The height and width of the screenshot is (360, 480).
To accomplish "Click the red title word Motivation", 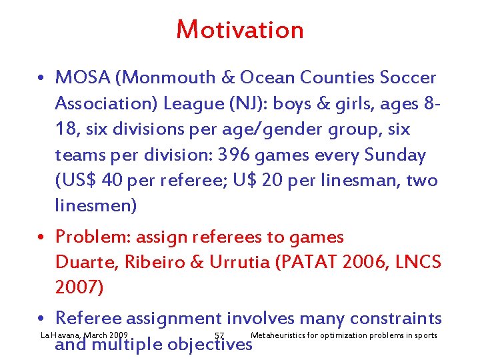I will click(x=240, y=30).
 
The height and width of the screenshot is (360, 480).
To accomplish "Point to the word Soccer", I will click(x=408, y=78).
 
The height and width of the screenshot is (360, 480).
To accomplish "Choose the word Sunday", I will click(x=395, y=155).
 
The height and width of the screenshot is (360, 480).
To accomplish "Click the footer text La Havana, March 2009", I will click(x=84, y=335).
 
